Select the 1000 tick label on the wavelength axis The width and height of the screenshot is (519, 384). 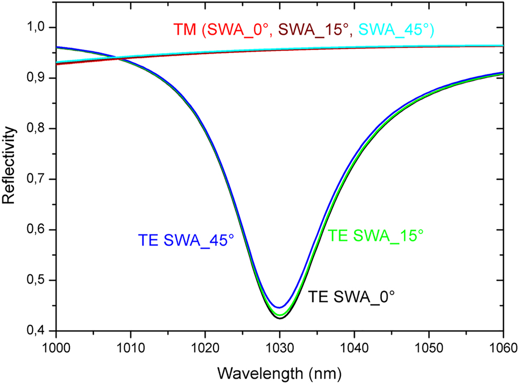coord(56,348)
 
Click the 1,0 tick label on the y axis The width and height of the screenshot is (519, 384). coord(40,28)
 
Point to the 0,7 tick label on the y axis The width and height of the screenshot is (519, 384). coord(40,179)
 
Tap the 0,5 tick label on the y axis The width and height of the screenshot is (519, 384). coord(40,281)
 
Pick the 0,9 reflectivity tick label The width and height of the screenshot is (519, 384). coord(40,78)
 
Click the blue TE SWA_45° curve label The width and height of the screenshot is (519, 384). coord(186,239)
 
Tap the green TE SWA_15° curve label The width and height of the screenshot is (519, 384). coord(376,235)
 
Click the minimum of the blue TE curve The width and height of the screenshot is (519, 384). coord(280,308)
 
